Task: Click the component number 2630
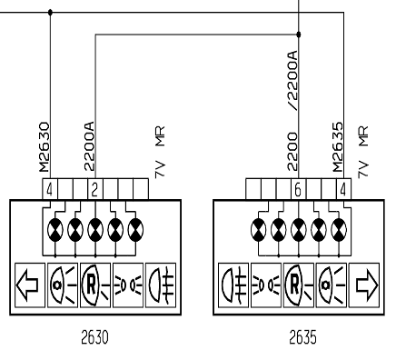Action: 94,337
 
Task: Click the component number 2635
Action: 302,337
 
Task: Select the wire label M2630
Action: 45,147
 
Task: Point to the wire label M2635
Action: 338,147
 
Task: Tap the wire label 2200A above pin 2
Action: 89,146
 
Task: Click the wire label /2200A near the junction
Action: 292,80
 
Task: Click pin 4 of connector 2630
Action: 50,190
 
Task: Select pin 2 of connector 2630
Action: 94,190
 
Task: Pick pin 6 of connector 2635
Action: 298,190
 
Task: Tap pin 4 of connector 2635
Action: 342,190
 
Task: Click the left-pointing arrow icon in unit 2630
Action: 28,285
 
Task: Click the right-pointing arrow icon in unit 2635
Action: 366,285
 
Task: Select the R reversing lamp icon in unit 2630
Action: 94,285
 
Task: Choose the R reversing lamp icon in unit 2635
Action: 298,285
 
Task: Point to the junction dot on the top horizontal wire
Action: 50,13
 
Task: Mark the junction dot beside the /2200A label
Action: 299,35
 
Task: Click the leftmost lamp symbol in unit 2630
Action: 55,230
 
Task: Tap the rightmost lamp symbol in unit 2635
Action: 339,230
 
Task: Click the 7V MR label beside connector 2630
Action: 160,152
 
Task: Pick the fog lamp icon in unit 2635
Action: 233,285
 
